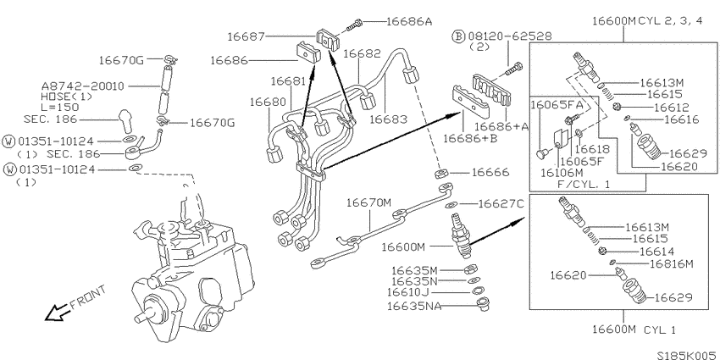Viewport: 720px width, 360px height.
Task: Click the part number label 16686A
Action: [409, 21]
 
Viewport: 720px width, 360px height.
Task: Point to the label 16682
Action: [363, 53]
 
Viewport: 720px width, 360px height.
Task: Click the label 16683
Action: [388, 119]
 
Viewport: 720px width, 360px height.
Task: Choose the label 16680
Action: [269, 102]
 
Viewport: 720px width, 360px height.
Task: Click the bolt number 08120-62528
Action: [510, 36]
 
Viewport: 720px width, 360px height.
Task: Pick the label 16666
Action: [490, 173]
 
